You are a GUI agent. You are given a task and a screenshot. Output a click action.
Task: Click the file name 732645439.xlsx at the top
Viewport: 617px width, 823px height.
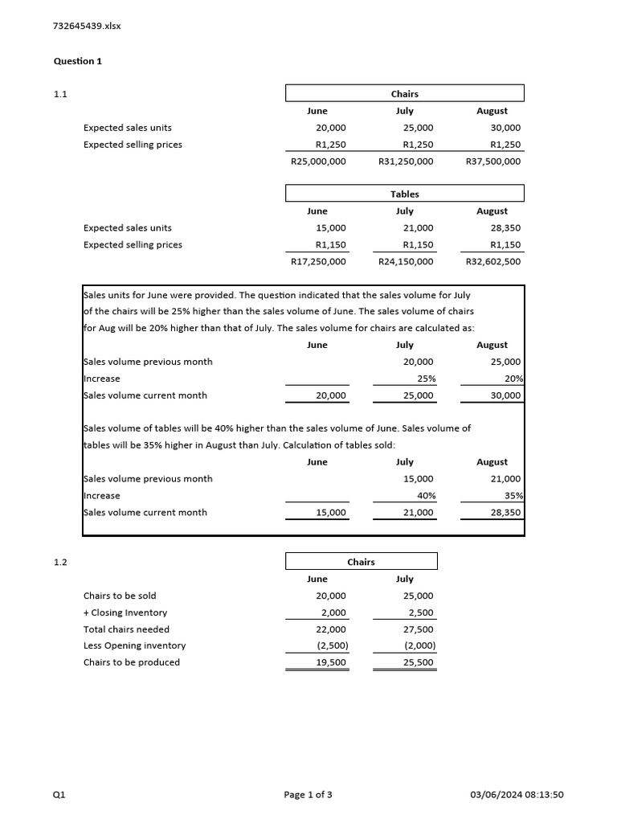(87, 26)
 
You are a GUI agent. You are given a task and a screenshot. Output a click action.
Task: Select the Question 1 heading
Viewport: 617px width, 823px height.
(78, 61)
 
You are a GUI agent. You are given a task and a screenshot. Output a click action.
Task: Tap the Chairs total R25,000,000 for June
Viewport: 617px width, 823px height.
(318, 162)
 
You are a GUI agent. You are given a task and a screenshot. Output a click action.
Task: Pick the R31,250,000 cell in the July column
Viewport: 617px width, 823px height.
(406, 162)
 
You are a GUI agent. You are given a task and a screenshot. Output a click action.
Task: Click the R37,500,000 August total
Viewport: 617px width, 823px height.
(493, 162)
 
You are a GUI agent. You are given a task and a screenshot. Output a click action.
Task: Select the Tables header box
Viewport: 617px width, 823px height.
(405, 194)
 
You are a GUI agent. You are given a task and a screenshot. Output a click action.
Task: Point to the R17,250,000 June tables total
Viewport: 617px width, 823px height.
(318, 261)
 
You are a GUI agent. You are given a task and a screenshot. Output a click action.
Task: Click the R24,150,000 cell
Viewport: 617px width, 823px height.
(406, 261)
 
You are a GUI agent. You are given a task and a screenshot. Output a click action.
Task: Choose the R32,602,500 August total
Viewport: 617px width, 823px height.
(493, 261)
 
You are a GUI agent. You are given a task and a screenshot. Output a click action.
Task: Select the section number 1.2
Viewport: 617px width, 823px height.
(60, 563)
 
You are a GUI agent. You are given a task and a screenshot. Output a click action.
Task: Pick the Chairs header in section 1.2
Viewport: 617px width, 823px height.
(362, 562)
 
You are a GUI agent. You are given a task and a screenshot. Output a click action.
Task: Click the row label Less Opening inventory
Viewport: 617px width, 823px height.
(134, 645)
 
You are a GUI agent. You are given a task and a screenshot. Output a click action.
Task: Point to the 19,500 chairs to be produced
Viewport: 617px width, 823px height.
(332, 662)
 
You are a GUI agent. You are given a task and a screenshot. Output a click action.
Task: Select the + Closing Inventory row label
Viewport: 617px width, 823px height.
(125, 612)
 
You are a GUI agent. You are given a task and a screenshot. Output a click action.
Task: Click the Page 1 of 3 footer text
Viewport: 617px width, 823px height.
(308, 795)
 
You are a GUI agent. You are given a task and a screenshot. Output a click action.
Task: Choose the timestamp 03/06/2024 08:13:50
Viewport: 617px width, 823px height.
(517, 795)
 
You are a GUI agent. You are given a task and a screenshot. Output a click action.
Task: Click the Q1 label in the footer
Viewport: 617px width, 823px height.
(59, 795)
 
